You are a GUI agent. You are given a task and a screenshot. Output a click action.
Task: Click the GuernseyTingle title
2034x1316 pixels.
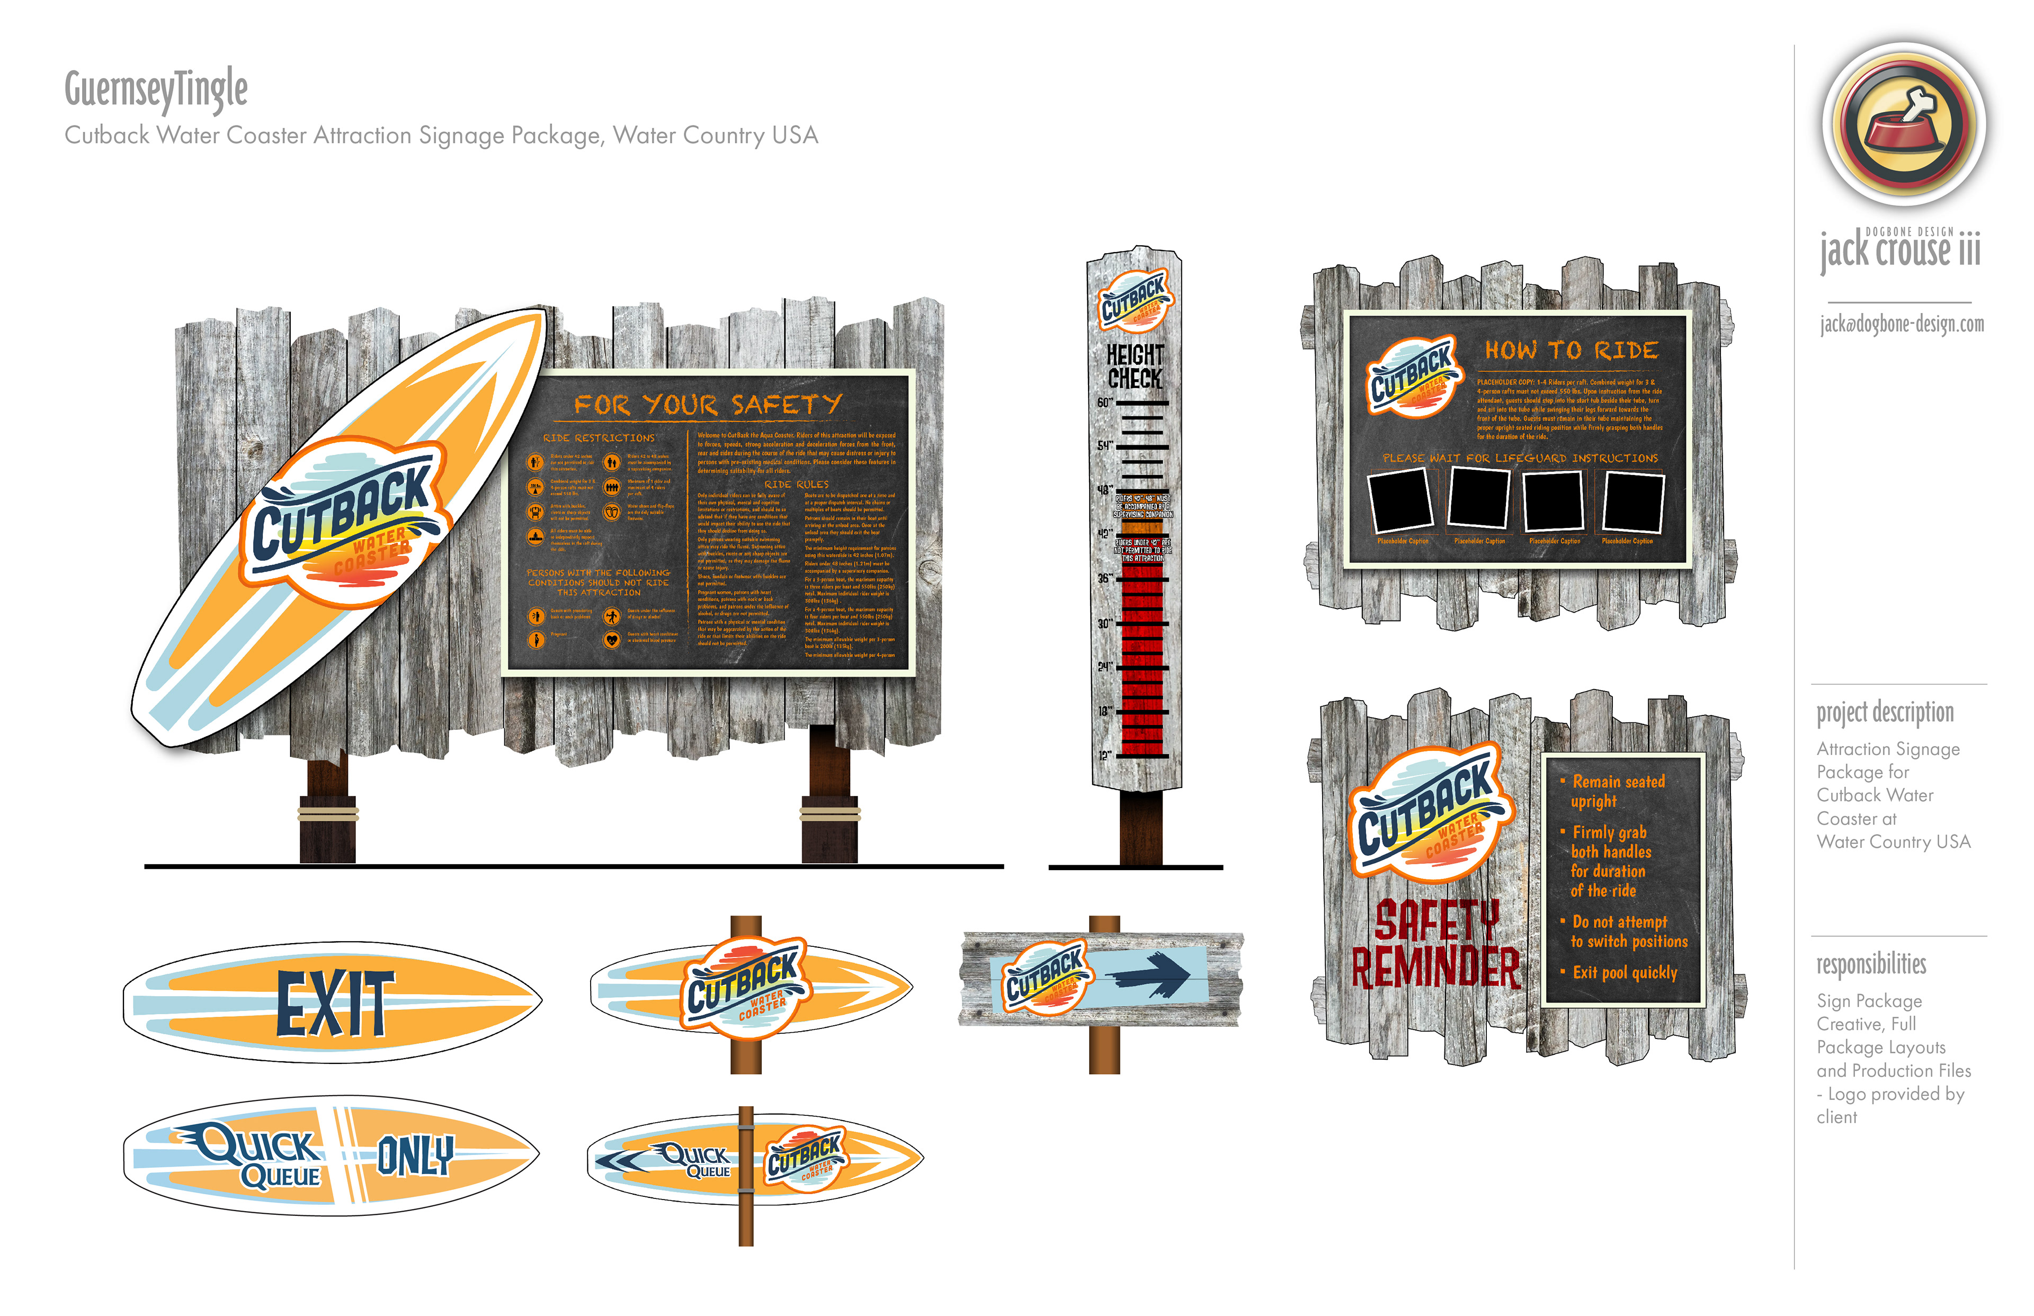(156, 89)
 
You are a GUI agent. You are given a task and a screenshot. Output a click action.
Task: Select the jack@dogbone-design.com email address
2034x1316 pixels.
(1902, 324)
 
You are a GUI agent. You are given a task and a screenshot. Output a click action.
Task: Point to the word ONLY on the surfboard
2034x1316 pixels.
(415, 1156)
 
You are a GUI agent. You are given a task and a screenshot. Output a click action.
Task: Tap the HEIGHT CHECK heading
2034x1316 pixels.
(1135, 366)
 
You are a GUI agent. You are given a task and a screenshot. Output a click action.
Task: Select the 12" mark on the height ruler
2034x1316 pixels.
(1105, 755)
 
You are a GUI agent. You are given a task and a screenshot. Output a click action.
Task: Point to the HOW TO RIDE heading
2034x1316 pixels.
(1571, 351)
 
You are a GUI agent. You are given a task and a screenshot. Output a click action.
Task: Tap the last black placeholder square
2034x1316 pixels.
(1632, 503)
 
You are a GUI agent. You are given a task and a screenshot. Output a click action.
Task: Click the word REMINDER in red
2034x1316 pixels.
(1436, 968)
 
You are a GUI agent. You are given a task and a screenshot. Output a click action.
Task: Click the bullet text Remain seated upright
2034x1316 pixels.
(1617, 791)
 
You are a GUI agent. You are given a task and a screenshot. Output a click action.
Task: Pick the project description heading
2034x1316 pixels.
(1885, 713)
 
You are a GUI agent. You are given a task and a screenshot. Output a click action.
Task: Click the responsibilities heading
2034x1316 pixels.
(1871, 965)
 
